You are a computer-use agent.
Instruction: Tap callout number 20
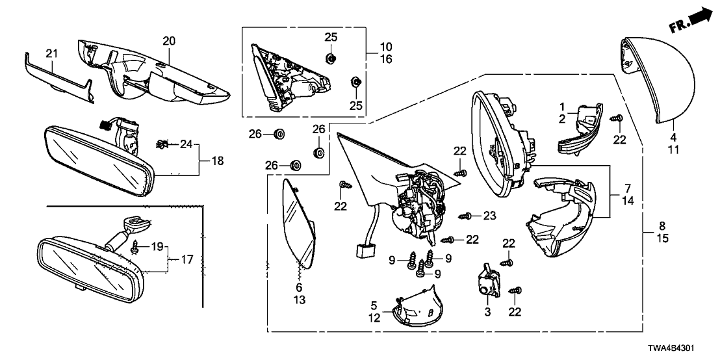point(169,41)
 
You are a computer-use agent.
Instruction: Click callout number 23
point(489,215)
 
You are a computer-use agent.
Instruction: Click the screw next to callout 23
point(465,216)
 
